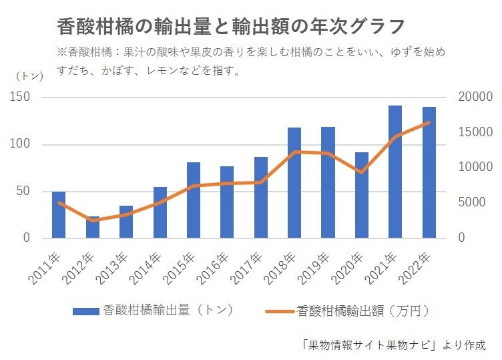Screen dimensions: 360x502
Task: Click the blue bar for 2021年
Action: (x=395, y=172)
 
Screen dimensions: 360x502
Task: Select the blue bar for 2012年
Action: (x=92, y=227)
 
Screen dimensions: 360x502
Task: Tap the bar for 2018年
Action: (x=294, y=182)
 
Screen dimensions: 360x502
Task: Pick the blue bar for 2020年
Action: (x=362, y=195)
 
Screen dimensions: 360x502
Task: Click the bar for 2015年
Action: (x=194, y=200)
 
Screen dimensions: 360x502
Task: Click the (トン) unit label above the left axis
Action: (x=29, y=76)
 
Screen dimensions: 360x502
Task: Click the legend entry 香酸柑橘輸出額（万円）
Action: (x=346, y=311)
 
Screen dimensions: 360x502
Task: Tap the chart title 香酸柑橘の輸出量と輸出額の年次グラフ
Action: (x=231, y=26)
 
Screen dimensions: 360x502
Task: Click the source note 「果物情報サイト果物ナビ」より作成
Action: (x=393, y=345)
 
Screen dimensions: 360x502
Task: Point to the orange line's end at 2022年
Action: (x=429, y=122)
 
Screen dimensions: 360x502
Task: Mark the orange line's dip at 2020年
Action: (x=362, y=172)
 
